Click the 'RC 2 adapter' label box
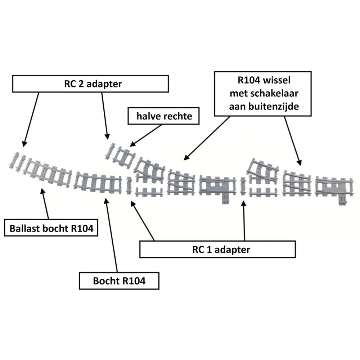point(90,84)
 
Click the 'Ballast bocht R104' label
point(51,228)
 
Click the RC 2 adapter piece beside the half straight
point(111,151)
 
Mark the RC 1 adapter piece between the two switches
point(243,186)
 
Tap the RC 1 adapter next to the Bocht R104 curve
point(130,185)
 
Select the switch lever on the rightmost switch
point(342,200)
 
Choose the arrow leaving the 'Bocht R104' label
point(111,234)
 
